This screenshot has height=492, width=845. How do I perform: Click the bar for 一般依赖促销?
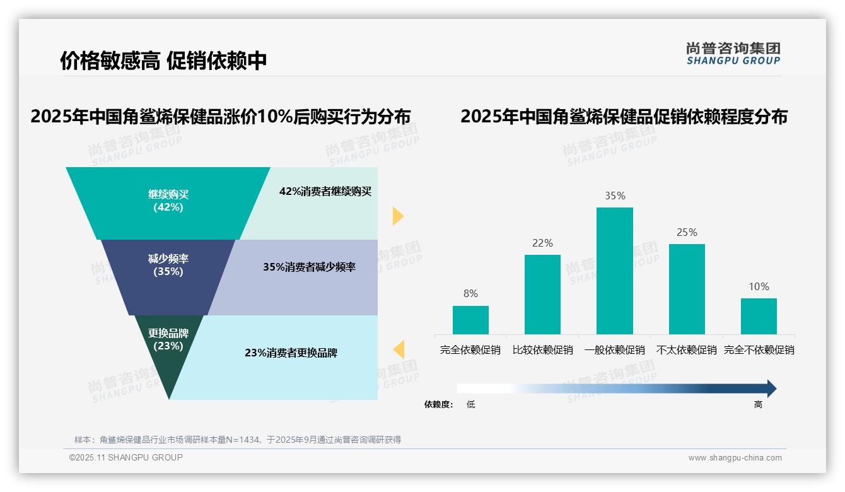pos(614,271)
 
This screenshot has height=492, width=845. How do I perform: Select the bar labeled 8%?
pos(470,320)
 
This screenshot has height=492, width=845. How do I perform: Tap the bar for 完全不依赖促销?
pos(759,316)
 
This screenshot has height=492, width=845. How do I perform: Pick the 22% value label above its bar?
pos(542,243)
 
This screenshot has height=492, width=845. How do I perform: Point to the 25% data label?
pos(687,232)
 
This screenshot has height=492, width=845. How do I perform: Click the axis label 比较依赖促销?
pos(542,350)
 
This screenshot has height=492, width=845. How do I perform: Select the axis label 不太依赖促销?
pos(687,350)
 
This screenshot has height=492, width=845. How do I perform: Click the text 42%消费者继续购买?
pos(325,192)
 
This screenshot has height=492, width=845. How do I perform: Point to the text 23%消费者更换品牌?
pos(291,353)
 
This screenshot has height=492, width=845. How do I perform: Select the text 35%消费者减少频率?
pos(309,267)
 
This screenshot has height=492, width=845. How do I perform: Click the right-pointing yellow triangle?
pos(397,216)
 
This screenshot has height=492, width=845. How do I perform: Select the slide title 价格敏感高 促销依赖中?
pos(163,61)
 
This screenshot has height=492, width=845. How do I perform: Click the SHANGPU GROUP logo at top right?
pos(733,54)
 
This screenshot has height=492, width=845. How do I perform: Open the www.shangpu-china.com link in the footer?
pos(735,458)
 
